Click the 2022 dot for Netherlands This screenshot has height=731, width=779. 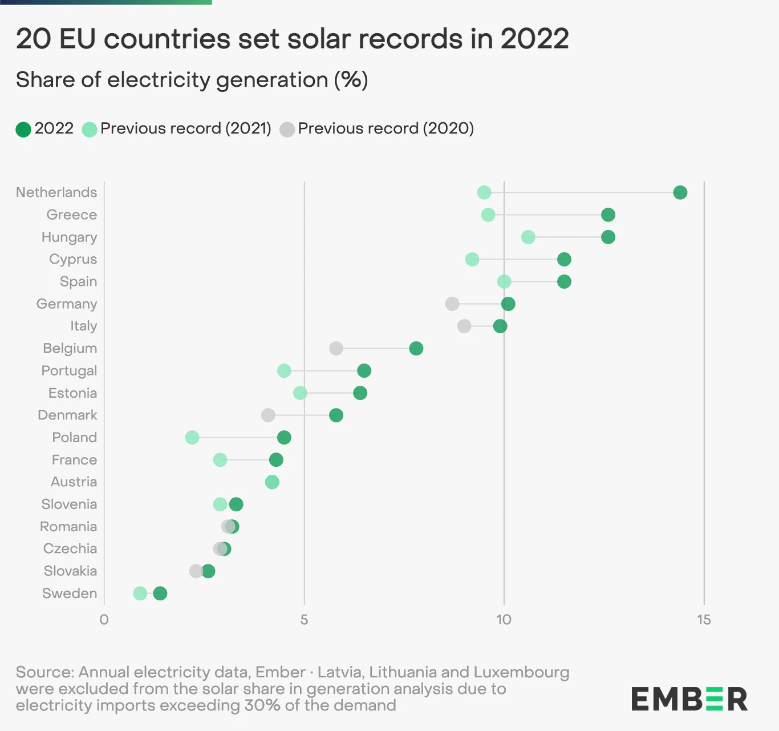click(x=680, y=192)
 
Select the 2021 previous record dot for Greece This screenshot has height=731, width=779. click(x=488, y=215)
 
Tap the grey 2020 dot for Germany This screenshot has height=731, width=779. click(x=452, y=304)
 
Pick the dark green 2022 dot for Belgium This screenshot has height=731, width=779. click(x=416, y=348)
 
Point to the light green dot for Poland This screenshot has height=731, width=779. click(x=192, y=438)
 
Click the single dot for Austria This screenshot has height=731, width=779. click(x=272, y=482)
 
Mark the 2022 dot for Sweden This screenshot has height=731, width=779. click(x=160, y=593)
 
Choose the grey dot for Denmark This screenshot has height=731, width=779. click(x=268, y=415)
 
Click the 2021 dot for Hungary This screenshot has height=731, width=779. click(x=528, y=237)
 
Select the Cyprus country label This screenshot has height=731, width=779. click(x=73, y=259)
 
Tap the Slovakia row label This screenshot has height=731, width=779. click(x=70, y=571)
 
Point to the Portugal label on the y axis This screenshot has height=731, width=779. click(x=69, y=371)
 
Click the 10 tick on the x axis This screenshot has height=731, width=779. click(x=504, y=620)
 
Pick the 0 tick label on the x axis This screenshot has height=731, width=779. click(x=104, y=620)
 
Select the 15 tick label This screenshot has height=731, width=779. click(x=704, y=620)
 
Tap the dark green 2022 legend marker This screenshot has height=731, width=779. click(x=23, y=129)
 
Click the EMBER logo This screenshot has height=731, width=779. click(x=689, y=699)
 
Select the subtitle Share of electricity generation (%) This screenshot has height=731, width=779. click(x=192, y=80)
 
